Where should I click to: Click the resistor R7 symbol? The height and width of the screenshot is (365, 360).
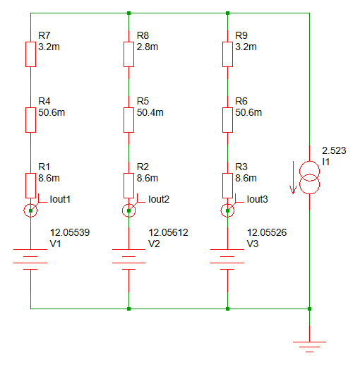coord(30,54)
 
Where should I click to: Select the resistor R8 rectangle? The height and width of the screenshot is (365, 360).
coord(128,54)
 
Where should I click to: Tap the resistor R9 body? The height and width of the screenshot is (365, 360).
coord(227,54)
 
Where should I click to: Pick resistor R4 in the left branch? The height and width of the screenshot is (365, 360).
coord(30,119)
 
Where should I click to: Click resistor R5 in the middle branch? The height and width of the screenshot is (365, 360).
coord(128,119)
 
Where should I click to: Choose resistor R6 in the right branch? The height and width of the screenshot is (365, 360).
coord(227,119)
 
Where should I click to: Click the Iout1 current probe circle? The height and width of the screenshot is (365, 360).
coord(30,210)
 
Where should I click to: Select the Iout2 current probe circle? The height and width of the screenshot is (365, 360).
coord(128,210)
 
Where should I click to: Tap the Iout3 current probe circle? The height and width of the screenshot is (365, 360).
coord(227,210)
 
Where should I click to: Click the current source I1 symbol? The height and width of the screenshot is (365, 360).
coord(310,177)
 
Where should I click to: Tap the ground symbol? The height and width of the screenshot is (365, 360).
coord(310,345)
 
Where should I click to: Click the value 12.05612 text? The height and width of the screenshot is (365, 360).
coord(168,232)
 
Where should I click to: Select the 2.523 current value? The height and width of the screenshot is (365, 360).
coord(333,151)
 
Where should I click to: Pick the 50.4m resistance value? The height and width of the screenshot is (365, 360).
coord(150,113)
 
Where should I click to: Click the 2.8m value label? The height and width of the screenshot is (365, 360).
coord(148,47)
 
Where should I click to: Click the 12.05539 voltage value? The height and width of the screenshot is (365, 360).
coord(70,232)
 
